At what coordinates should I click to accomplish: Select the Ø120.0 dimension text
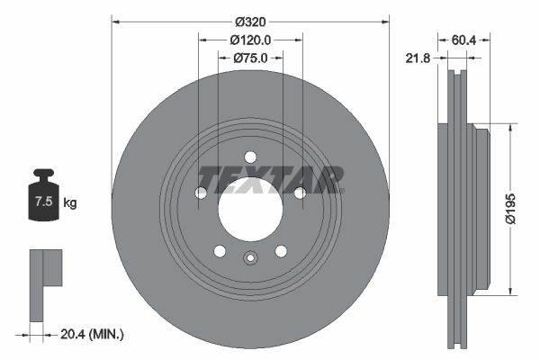click(x=251, y=40)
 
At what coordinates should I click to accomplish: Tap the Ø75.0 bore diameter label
click(x=251, y=58)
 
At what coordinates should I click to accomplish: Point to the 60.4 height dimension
click(x=464, y=40)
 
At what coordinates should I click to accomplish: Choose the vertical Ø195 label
click(x=509, y=208)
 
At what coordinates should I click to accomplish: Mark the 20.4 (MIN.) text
click(x=92, y=334)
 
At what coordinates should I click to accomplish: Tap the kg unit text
click(x=70, y=203)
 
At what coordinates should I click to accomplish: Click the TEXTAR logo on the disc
click(x=270, y=178)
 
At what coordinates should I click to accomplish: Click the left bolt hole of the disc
click(x=201, y=193)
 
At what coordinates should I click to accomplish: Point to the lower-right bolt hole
click(x=282, y=251)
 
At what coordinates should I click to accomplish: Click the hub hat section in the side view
click(x=479, y=208)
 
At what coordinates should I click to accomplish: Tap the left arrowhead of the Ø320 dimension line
click(x=115, y=20)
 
